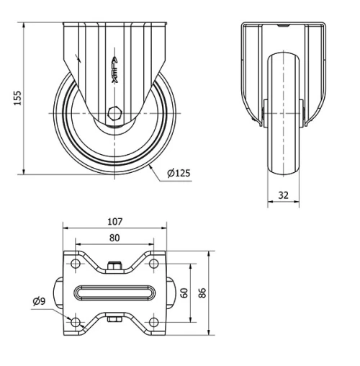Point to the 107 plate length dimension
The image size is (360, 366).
point(115,222)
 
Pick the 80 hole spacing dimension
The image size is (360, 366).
point(114,237)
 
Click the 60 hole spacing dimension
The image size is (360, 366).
point(184,293)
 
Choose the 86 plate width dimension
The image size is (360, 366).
point(203,293)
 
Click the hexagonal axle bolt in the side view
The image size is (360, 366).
point(114,113)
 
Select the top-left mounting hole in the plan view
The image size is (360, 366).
point(77,265)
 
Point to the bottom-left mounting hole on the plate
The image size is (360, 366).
point(77,321)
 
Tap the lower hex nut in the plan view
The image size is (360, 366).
point(114,318)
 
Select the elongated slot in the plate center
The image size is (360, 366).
point(114,293)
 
